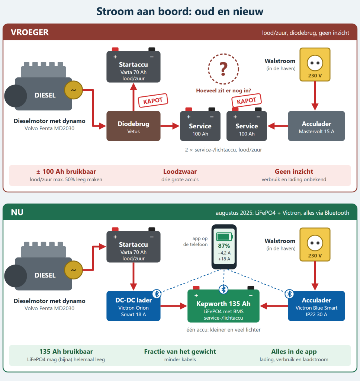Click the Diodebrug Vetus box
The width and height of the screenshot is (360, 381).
click(x=134, y=126)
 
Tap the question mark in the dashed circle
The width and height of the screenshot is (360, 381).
click(x=224, y=69)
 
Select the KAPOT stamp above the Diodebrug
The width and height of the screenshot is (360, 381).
click(x=153, y=100)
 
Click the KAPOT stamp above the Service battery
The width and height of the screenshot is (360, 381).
click(x=246, y=100)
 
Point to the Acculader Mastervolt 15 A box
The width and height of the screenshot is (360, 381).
click(x=316, y=126)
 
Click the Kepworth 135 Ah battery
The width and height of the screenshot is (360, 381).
click(x=224, y=306)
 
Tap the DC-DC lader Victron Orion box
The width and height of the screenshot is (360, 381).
click(x=134, y=306)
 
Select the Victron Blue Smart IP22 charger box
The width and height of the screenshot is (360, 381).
click(x=316, y=306)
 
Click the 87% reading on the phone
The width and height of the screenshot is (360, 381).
click(x=224, y=246)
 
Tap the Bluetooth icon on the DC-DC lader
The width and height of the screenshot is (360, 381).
click(x=157, y=294)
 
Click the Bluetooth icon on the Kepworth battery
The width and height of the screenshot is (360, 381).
click(x=224, y=289)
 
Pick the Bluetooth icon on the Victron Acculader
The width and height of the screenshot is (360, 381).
click(x=289, y=294)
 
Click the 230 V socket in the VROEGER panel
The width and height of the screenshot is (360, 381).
click(x=315, y=64)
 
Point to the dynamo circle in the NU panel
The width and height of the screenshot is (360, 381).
click(x=73, y=270)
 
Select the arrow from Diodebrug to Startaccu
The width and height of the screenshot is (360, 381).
click(x=134, y=97)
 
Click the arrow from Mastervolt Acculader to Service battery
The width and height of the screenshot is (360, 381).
click(x=278, y=126)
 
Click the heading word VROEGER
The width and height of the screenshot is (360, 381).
click(x=30, y=32)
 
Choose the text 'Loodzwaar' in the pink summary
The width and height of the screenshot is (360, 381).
click(x=180, y=172)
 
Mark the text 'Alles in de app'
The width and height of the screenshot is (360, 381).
click(x=294, y=352)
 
